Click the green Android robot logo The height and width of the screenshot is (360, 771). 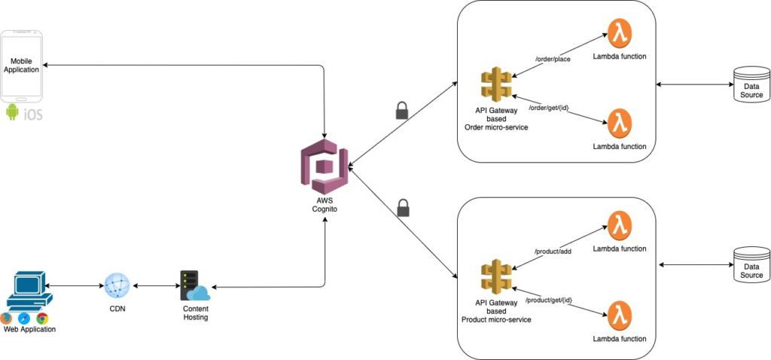pyautogui.click(x=11, y=113)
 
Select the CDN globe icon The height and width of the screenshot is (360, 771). pyautogui.click(x=117, y=287)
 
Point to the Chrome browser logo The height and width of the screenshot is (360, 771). pyautogui.click(x=42, y=319)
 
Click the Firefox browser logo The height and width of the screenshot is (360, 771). pyautogui.click(x=7, y=319)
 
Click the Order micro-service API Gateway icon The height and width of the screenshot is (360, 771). pyautogui.click(x=496, y=84)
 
